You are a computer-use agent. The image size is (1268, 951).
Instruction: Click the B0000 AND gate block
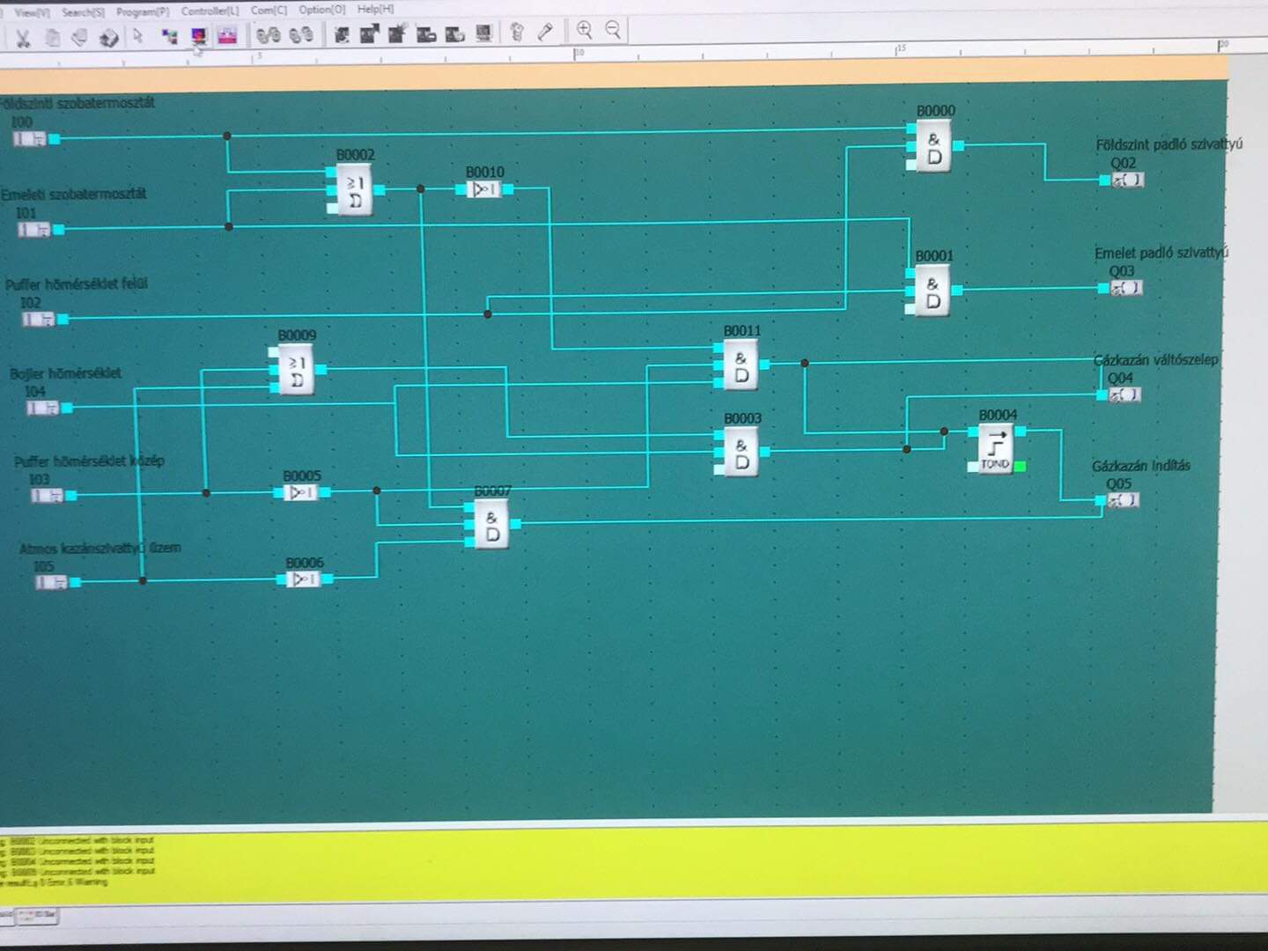933,148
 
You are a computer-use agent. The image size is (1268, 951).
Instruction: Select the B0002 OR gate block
355,191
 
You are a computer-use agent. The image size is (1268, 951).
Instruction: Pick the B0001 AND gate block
932,292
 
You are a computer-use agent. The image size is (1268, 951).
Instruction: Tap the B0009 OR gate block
297,371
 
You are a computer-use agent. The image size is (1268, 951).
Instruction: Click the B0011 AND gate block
741,366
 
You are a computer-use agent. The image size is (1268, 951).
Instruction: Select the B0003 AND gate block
741,453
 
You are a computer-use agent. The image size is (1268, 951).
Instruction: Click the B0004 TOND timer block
996,448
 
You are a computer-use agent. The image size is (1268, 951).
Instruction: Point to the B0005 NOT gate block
301,492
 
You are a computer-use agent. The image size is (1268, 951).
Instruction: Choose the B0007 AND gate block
491,525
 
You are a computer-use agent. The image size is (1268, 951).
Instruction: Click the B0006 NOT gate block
304,579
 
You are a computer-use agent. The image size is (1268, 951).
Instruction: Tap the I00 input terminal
30,138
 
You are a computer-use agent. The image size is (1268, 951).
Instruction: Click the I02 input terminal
39,319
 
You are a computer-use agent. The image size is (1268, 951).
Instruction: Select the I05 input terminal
51,582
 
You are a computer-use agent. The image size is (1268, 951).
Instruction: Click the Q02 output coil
1127,180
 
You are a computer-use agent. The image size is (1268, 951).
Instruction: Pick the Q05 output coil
1124,500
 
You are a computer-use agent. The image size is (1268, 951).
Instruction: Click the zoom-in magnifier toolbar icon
584,30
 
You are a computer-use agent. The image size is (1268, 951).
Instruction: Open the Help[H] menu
375,9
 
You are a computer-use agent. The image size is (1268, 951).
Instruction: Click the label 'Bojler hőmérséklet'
66,373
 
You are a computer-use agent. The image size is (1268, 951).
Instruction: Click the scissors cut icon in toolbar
24,38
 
